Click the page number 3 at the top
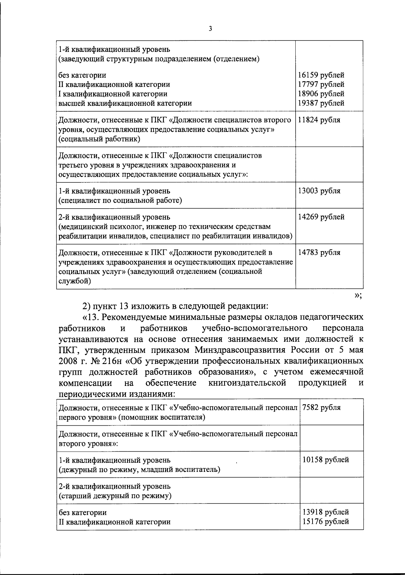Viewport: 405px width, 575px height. click(x=210, y=29)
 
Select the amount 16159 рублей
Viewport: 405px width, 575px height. click(x=321, y=75)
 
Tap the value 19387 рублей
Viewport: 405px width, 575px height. click(x=321, y=103)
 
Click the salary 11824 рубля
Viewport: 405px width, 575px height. click(x=319, y=120)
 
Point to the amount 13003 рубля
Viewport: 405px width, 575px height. click(x=319, y=191)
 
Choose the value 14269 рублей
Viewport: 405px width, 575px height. click(x=321, y=217)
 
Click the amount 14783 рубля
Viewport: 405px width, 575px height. click(x=319, y=252)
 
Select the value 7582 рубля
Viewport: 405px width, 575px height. click(x=321, y=407)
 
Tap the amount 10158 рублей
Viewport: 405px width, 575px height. click(x=326, y=460)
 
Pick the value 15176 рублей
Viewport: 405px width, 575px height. click(x=326, y=522)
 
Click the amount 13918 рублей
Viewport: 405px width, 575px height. click(x=326, y=512)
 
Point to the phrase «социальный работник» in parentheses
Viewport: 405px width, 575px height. click(x=99, y=139)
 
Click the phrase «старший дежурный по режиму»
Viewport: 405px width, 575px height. click(x=115, y=496)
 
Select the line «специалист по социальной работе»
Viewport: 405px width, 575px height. click(x=120, y=201)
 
